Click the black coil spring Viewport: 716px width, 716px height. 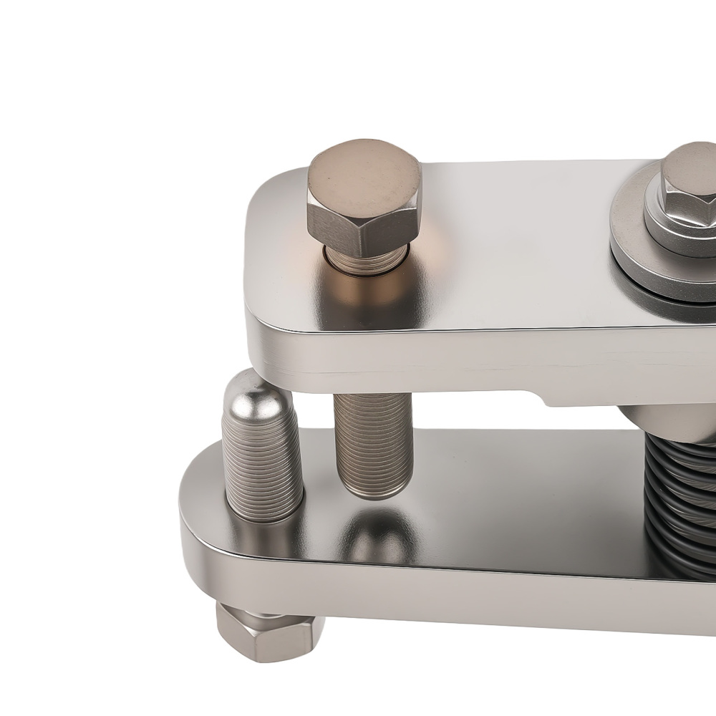pyautogui.click(x=680, y=501)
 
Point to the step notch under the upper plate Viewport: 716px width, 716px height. pyautogui.click(x=544, y=397)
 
